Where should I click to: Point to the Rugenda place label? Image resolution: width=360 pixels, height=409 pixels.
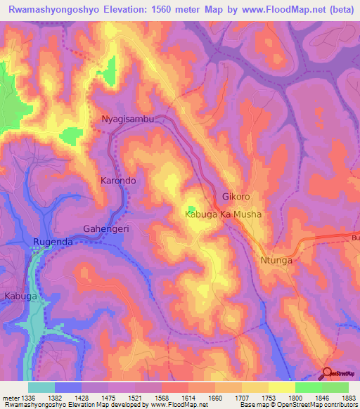click(53, 242)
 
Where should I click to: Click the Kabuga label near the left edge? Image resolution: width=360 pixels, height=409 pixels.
click(20, 297)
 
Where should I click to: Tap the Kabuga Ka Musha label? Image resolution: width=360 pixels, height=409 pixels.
click(223, 214)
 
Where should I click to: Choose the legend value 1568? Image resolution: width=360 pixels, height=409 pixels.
click(160, 398)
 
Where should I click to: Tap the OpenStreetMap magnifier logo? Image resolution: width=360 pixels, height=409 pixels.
click(328, 374)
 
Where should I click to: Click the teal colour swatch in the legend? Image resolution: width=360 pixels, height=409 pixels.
click(41, 387)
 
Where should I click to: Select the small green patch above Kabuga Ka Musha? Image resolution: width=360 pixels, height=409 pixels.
click(191, 208)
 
